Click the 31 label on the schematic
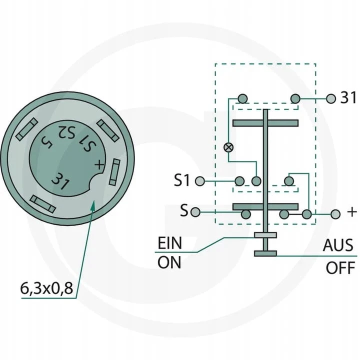click(x=348, y=98)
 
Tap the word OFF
click(x=341, y=267)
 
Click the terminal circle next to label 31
click(x=330, y=98)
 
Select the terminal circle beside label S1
click(x=200, y=180)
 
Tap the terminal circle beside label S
click(x=196, y=212)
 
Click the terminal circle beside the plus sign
click(x=335, y=214)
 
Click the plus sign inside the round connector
click(x=99, y=164)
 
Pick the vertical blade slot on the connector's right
click(x=116, y=172)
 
